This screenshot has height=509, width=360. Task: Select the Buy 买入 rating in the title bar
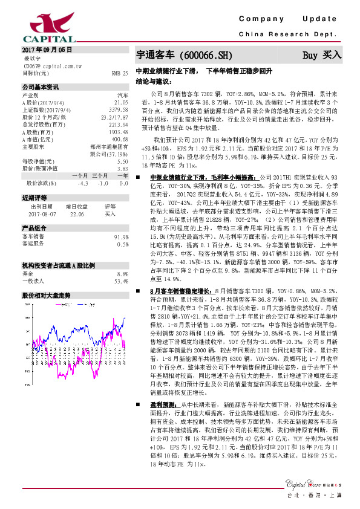321,55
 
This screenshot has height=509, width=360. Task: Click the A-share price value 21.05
121,102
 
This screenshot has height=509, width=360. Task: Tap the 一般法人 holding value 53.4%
121,281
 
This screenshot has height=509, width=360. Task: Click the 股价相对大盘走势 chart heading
47,296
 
